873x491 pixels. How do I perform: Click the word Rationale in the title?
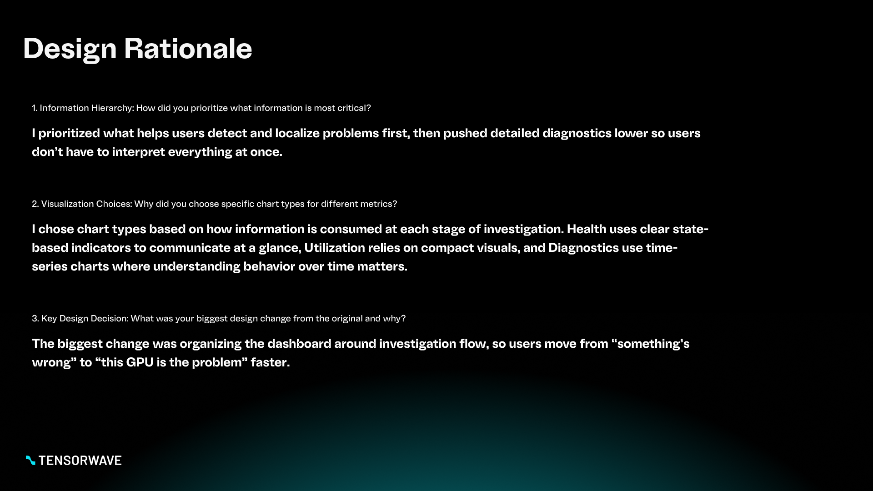188,48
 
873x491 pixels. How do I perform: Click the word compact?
447,248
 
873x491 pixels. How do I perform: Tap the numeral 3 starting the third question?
35,318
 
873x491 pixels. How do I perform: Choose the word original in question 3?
347,318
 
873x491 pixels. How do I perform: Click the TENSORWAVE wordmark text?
80,461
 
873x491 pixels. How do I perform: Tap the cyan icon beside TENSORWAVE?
30,461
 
